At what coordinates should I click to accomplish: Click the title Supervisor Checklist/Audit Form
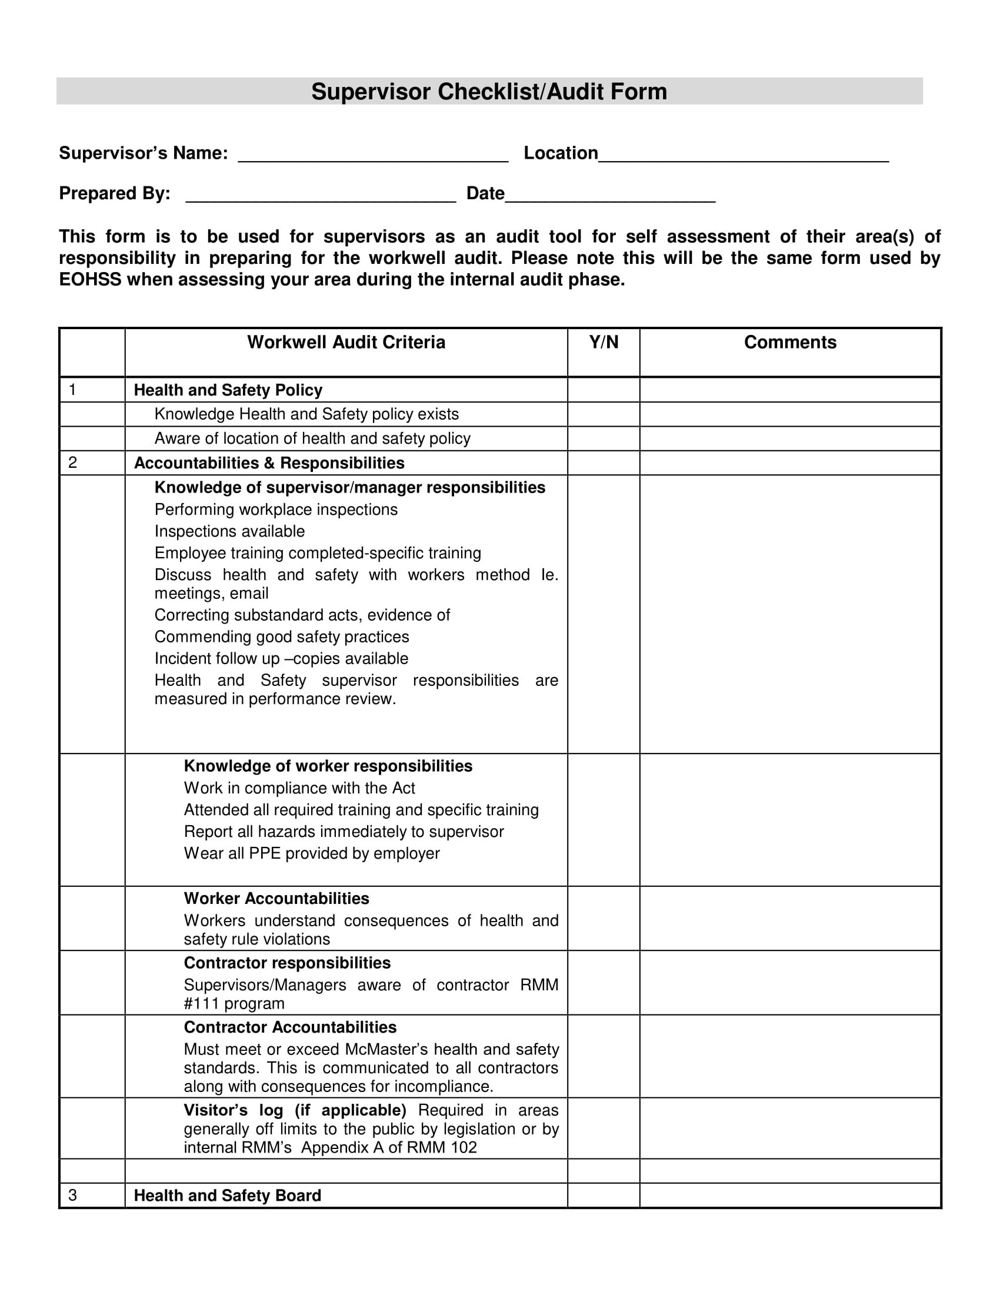[x=489, y=92]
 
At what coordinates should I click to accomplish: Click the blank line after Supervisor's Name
[x=372, y=155]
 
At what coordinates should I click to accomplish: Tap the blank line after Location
[x=743, y=155]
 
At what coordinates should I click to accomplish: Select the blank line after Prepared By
[x=321, y=195]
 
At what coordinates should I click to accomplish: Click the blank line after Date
[x=609, y=195]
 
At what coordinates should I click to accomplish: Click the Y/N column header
[x=603, y=342]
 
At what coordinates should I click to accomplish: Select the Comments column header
[x=789, y=342]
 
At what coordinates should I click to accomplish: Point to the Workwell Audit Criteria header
[x=346, y=342]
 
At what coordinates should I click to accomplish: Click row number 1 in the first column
[x=72, y=390]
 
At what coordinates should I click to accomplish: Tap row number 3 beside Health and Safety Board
[x=72, y=1195]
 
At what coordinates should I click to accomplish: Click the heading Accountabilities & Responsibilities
[x=269, y=463]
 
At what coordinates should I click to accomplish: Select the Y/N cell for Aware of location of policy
[x=603, y=438]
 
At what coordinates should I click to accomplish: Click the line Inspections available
[x=229, y=531]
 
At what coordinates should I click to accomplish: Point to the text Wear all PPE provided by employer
[x=312, y=853]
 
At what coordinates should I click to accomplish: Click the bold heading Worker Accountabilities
[x=276, y=898]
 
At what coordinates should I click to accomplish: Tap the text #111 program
[x=234, y=1003]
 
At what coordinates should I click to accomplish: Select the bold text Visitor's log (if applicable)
[x=295, y=1110]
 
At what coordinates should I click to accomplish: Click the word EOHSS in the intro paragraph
[x=89, y=279]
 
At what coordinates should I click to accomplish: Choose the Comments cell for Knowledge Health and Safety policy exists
[x=789, y=414]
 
